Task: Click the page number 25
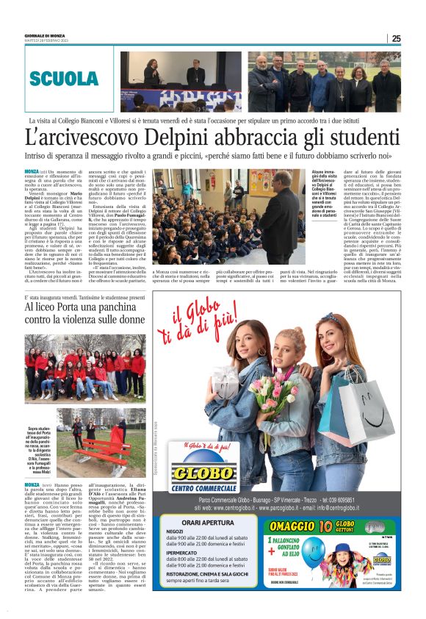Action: (x=396, y=38)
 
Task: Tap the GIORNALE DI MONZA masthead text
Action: (x=45, y=35)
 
